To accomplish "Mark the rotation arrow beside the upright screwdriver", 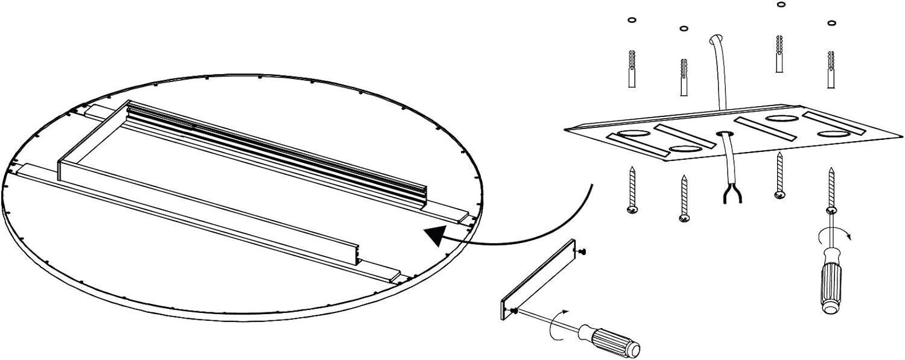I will pos(846,236).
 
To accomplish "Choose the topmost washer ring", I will pos(781,4).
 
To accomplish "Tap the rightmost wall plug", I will pos(831,70).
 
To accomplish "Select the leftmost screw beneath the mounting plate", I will pos(631,190).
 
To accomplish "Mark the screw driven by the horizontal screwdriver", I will pos(514,311).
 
